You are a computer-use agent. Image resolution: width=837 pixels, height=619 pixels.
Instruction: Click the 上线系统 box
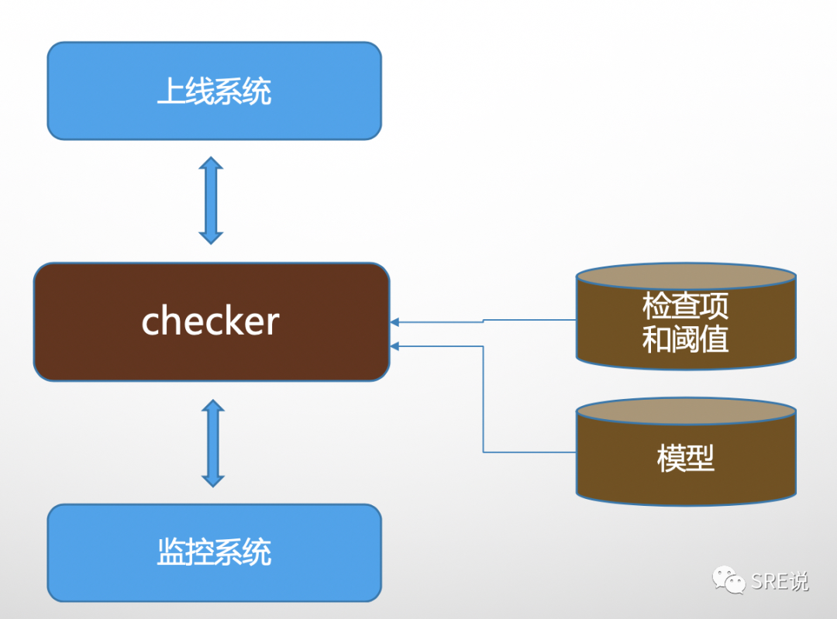coord(214,116)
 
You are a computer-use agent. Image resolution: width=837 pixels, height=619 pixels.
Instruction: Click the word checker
coord(210,321)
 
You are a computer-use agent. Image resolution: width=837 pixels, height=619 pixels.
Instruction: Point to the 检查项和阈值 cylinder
coord(686,341)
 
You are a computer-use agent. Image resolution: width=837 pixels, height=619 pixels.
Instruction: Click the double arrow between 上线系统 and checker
coord(211,201)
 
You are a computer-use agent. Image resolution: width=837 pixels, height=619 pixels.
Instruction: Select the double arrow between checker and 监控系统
coord(212,442)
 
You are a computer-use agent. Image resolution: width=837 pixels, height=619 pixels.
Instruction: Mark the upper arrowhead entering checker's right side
coord(395,322)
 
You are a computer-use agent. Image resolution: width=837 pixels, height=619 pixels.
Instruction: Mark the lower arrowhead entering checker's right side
coord(395,346)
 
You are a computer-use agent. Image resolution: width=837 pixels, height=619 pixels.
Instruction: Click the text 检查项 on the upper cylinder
coord(686,307)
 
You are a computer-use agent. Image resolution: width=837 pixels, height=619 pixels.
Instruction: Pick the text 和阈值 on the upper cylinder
coord(686,339)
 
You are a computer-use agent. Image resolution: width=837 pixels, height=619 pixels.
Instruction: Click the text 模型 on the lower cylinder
coord(686,459)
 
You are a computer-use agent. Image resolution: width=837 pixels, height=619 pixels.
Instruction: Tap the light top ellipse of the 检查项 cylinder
coord(686,277)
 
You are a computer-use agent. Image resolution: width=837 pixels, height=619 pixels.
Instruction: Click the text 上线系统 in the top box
coord(214,91)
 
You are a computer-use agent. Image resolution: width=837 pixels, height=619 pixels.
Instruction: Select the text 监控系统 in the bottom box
coord(214,552)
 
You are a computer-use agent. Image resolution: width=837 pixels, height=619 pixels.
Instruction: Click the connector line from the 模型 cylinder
coord(484,403)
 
